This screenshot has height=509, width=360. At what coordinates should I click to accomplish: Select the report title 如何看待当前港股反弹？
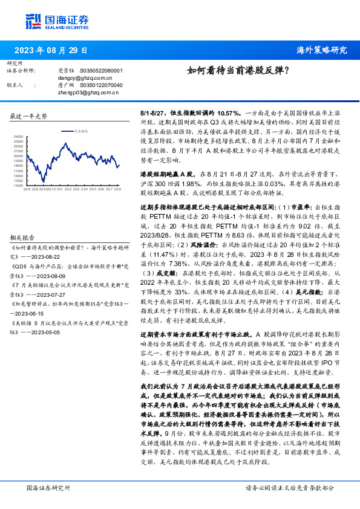coord(238,70)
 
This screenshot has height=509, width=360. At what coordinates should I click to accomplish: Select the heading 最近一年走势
coord(29,115)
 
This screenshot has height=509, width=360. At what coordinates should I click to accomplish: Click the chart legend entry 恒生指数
coord(82,130)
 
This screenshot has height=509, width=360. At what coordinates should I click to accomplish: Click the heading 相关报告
coord(23,238)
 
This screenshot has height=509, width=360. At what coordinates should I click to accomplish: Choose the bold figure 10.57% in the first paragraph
coord(218,113)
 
